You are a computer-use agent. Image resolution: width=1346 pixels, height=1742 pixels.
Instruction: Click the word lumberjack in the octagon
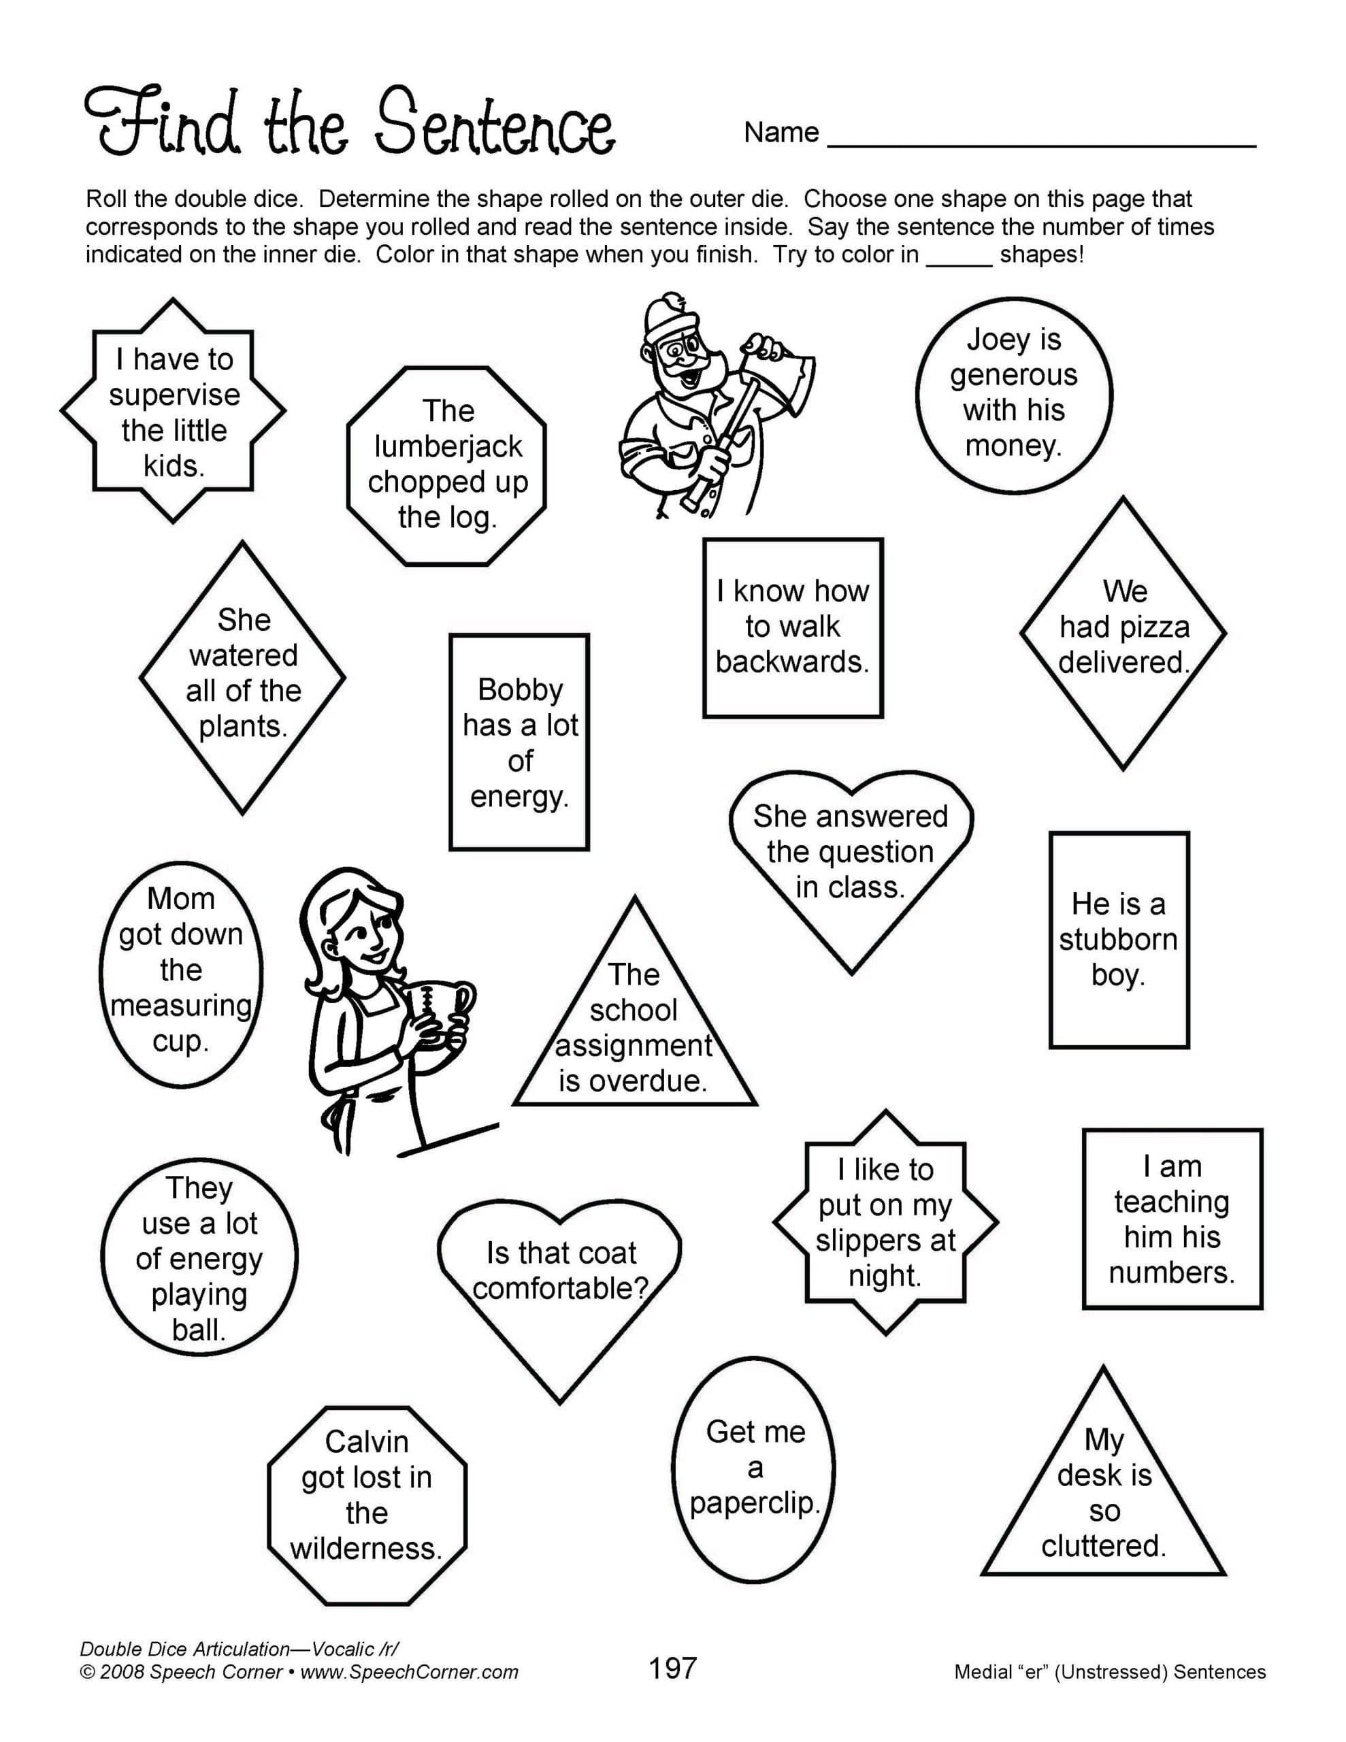point(448,446)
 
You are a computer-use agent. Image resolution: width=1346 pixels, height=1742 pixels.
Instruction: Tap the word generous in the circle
point(1013,375)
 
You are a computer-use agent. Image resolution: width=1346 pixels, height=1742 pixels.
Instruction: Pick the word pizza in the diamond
point(1153,627)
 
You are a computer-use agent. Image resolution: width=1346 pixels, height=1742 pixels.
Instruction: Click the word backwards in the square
point(792,662)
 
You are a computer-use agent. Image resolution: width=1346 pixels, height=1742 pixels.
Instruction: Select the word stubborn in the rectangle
point(1118,940)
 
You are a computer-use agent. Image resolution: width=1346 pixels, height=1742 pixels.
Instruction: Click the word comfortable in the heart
point(560,1288)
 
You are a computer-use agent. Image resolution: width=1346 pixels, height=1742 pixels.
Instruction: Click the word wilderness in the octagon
point(366,1548)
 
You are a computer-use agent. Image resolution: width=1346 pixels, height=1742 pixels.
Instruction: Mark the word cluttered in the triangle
point(1104,1546)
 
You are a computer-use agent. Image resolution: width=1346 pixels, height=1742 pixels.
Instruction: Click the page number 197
point(672,1669)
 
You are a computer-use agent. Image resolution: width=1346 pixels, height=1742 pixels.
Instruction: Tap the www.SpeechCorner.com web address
point(409,1673)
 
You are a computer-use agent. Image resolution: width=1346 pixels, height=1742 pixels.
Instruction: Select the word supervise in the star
point(174,395)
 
